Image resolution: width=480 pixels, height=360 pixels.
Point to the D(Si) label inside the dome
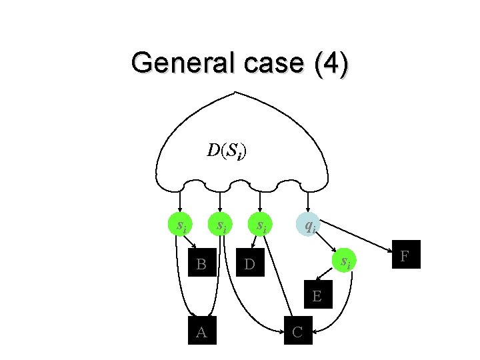[226, 151]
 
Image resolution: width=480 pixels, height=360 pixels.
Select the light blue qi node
[309, 225]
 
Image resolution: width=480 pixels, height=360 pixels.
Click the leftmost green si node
[180, 225]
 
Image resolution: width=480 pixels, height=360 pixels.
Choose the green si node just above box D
[261, 225]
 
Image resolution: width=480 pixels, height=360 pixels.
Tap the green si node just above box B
[220, 225]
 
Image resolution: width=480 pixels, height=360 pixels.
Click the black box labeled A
[201, 332]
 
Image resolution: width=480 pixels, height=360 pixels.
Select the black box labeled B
[201, 265]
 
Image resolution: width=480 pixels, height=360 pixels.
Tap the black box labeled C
[298, 332]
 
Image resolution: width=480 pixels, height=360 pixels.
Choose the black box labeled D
[249, 265]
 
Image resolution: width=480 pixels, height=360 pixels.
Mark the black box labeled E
[317, 295]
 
